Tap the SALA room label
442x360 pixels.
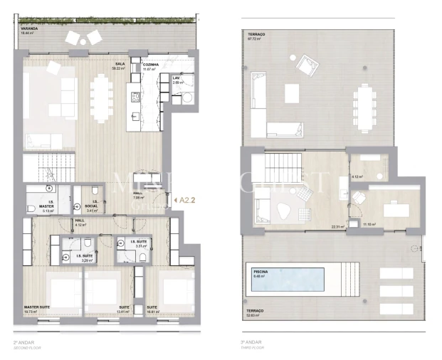pyautogui.click(x=120, y=63)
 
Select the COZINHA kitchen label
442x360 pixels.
pyautogui.click(x=149, y=63)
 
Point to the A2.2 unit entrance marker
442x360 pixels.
pyautogui.click(x=187, y=201)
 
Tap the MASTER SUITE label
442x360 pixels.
pyautogui.click(x=36, y=307)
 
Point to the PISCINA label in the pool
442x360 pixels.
pyautogui.click(x=261, y=272)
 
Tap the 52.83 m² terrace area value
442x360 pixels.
pyautogui.click(x=254, y=316)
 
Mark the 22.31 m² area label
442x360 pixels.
pyautogui.click(x=337, y=227)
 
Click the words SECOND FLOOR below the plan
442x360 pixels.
pyautogui.click(x=27, y=346)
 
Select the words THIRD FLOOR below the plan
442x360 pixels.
pyautogui.click(x=251, y=346)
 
